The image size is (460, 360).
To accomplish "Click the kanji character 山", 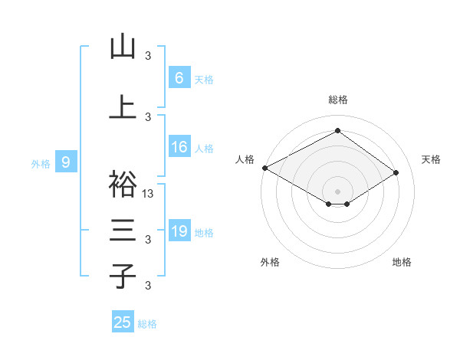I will [123, 47].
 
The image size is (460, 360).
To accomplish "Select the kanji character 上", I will [123, 106].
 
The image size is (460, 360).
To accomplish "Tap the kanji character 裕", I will [123, 184].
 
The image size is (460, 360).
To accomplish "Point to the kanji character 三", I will [123, 231].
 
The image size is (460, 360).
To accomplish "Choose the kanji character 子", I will [123, 276].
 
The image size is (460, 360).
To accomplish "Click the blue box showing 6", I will [179, 77].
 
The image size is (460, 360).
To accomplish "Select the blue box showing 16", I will [179, 147].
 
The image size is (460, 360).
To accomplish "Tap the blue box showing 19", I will [179, 231].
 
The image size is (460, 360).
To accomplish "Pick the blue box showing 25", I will [123, 322].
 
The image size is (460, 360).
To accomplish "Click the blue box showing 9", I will [66, 162].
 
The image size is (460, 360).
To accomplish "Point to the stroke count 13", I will [149, 194].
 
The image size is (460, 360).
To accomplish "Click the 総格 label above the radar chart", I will [338, 100].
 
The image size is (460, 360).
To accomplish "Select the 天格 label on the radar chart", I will [431, 159].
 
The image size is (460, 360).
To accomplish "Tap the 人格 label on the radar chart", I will [245, 159].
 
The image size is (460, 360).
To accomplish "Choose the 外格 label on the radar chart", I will [270, 262].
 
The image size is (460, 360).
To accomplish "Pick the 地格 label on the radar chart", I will [402, 262].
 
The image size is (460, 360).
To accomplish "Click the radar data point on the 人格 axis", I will [264, 168].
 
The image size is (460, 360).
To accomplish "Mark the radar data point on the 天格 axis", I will [396, 172].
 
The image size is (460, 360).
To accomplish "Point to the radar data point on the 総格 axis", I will [337, 131].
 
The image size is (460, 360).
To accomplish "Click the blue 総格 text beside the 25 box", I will [147, 324].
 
